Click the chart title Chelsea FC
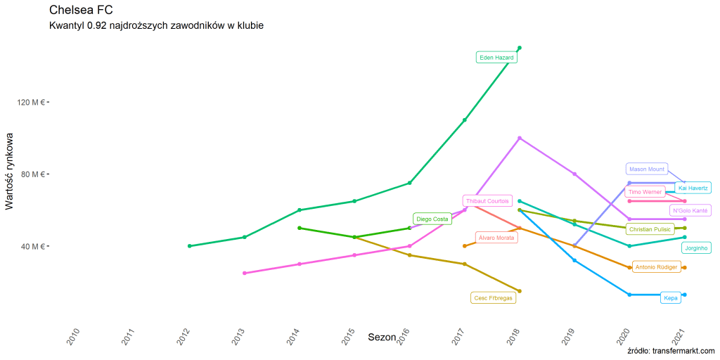(82, 11)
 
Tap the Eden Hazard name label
(496, 58)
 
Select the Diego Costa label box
(432, 219)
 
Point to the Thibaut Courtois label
(487, 201)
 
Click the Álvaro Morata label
(496, 238)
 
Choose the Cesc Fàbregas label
(494, 298)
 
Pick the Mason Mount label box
(647, 169)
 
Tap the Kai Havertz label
(693, 188)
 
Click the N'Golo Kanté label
(690, 210)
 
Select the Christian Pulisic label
(650, 229)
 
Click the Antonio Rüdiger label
(656, 267)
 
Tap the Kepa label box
(671, 298)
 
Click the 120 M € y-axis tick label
(32, 102)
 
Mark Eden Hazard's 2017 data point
(465, 120)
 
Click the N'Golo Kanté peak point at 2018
(520, 139)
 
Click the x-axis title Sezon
(382, 337)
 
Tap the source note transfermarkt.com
(671, 351)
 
